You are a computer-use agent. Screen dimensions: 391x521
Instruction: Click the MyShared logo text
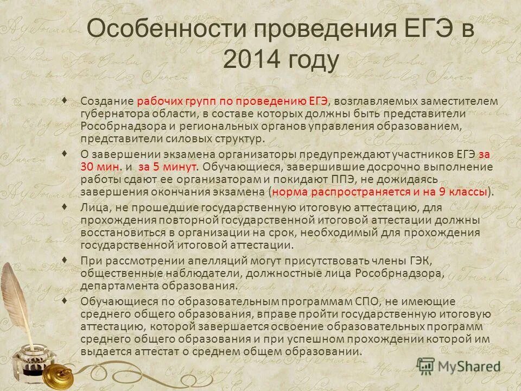coord(467,367)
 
